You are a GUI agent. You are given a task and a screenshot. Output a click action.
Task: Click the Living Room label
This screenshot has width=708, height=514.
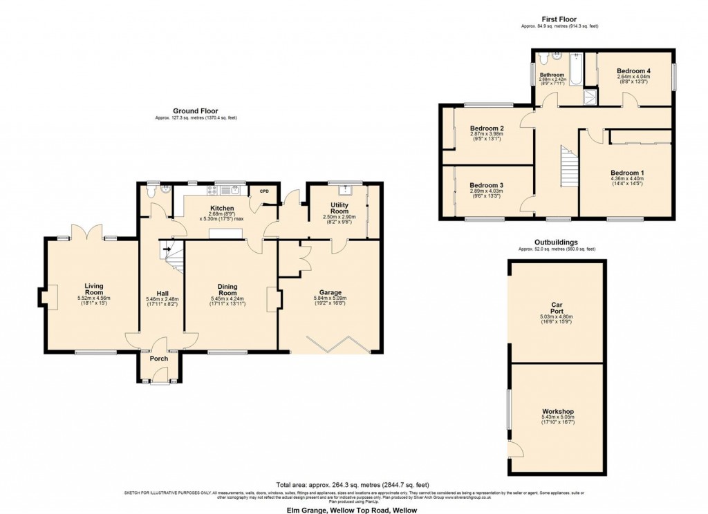pyautogui.click(x=93, y=289)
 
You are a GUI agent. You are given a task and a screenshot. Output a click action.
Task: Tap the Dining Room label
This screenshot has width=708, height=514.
pyautogui.click(x=227, y=290)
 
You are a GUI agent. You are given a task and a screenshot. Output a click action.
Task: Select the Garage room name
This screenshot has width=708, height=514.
pyautogui.click(x=330, y=292)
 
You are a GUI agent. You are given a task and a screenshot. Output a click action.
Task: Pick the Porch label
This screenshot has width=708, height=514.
pyautogui.click(x=159, y=358)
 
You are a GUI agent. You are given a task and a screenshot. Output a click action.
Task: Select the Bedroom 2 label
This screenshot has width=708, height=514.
pyautogui.click(x=486, y=128)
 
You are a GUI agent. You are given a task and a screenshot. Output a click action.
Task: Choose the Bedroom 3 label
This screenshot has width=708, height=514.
pyautogui.click(x=486, y=185)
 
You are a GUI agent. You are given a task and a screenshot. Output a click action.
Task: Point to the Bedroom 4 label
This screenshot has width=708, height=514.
pyautogui.click(x=633, y=70)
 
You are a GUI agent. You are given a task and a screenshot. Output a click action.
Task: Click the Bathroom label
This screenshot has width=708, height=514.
pyautogui.click(x=552, y=75)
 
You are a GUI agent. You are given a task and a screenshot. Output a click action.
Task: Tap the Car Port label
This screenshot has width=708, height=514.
pyautogui.click(x=557, y=307)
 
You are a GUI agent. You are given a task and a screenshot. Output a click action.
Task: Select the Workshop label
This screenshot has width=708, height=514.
pyautogui.click(x=557, y=412)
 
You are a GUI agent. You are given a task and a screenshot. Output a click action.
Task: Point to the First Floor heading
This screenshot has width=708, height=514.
pyautogui.click(x=559, y=19)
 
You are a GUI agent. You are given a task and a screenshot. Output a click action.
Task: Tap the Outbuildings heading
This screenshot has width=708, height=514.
pyautogui.click(x=557, y=242)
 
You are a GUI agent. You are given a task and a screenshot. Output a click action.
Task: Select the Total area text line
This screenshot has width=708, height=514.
pyautogui.click(x=353, y=484)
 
